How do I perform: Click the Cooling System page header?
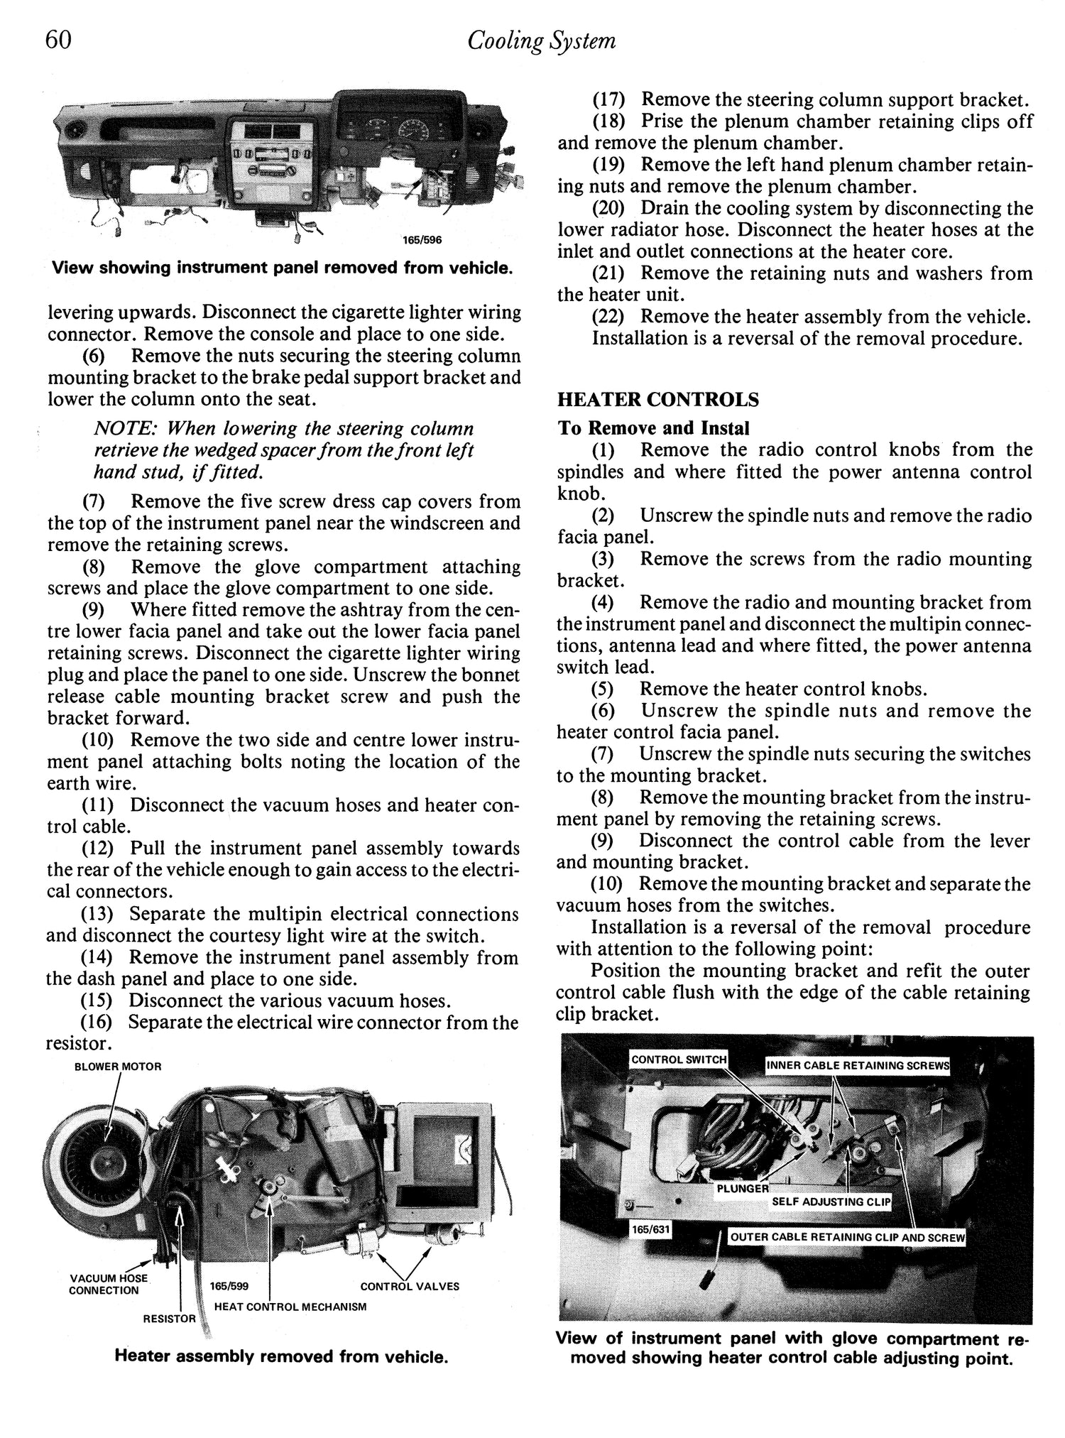click(541, 42)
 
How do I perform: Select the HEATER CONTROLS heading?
click(658, 400)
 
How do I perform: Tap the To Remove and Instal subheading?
click(653, 428)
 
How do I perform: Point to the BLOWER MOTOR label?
click(118, 1067)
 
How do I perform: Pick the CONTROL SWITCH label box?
click(679, 1060)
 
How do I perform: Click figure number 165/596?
click(422, 240)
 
